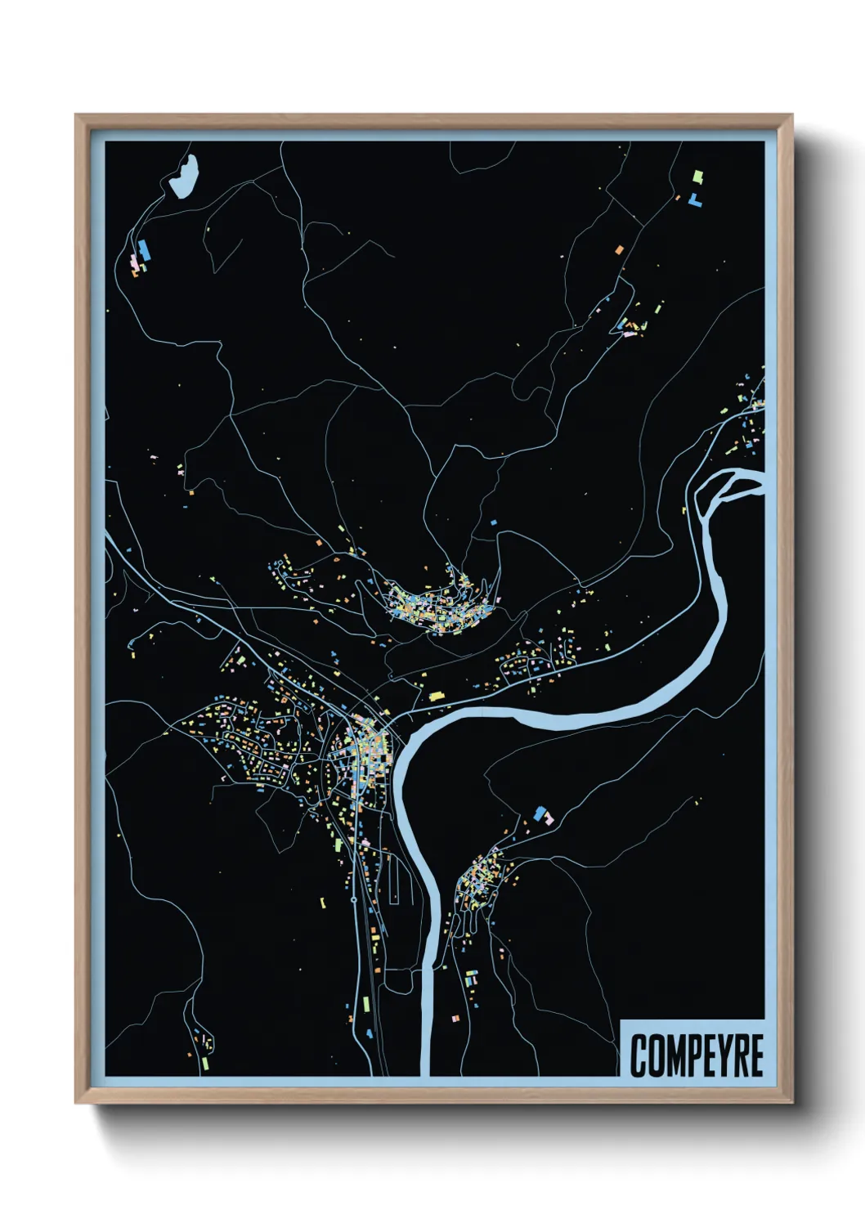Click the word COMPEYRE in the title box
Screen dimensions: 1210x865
coord(697,1055)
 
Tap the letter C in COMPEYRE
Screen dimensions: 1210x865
coord(638,1055)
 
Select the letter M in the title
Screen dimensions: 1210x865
coord(672,1055)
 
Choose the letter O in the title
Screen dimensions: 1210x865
coord(654,1055)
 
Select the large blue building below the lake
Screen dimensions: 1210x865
coord(145,250)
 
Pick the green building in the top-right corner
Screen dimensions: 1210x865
coord(697,176)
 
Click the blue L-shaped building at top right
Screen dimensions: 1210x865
coord(695,199)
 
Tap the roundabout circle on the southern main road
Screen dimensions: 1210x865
coord(353,899)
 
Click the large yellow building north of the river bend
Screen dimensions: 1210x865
coord(436,697)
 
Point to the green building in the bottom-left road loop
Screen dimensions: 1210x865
coord(204,1063)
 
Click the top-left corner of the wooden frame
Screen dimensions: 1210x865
coord(76,115)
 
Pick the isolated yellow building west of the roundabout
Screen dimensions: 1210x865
coord(322,903)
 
